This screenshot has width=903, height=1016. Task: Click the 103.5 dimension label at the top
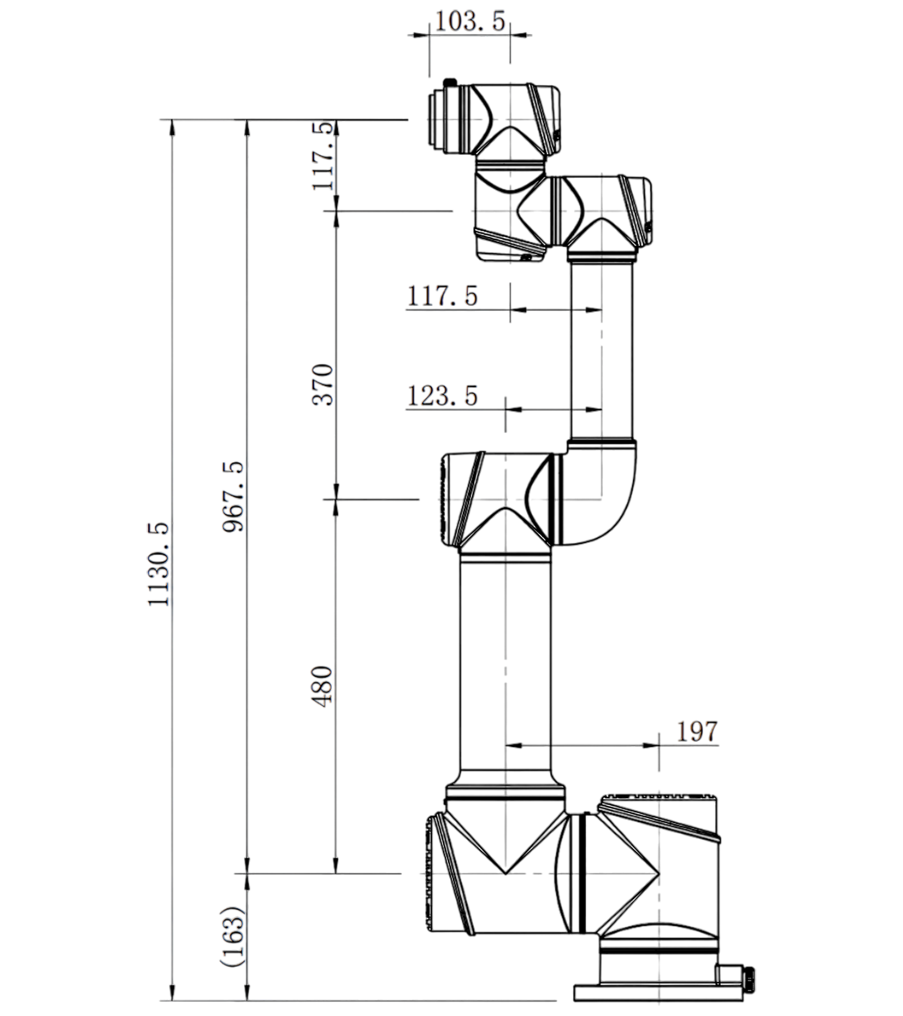[x=470, y=21]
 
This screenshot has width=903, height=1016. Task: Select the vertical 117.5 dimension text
[x=323, y=156]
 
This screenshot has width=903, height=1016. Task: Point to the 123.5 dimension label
[x=442, y=396]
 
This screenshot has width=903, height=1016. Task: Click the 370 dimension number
[x=323, y=384]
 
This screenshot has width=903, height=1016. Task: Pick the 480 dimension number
[x=323, y=686]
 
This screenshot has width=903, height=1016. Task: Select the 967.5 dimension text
[x=233, y=496]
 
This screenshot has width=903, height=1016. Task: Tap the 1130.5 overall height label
[x=159, y=564]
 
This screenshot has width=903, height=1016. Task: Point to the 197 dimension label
[x=697, y=732]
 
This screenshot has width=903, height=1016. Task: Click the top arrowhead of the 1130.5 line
[x=172, y=127]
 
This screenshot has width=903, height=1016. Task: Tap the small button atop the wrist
[x=450, y=82]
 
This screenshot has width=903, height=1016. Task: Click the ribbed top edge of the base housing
[x=659, y=796]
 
